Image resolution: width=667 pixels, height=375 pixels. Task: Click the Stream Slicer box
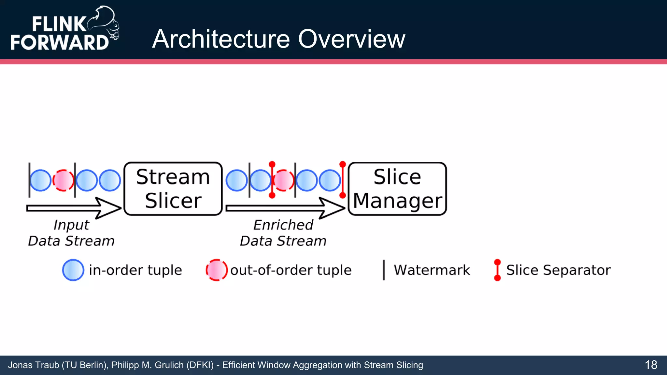coord(173,189)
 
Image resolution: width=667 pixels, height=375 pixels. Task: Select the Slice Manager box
coord(397,189)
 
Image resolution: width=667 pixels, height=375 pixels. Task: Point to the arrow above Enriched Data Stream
coord(285,208)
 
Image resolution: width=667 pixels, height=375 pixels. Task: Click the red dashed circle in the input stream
coord(63,180)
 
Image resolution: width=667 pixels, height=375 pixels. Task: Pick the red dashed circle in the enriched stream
coord(283,180)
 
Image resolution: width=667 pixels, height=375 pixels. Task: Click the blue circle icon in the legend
coord(73,270)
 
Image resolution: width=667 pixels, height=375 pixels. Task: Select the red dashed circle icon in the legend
coord(216,270)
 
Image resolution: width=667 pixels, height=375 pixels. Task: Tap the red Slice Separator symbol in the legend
coord(497,270)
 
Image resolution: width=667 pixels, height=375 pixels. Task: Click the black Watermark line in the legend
coord(384,270)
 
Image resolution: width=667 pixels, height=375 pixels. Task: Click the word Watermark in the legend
coord(432,270)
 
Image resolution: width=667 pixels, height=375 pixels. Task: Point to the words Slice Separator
coord(558,270)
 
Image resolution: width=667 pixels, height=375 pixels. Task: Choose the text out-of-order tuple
coord(291,270)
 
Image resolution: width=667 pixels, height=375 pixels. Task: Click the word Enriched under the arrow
coord(283,225)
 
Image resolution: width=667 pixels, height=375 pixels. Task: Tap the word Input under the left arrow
coord(71,225)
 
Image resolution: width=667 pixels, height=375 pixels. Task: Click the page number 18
coord(651,365)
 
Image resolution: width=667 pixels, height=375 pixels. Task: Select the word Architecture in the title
coord(221,39)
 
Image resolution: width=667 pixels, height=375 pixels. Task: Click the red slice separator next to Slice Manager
coord(342,180)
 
